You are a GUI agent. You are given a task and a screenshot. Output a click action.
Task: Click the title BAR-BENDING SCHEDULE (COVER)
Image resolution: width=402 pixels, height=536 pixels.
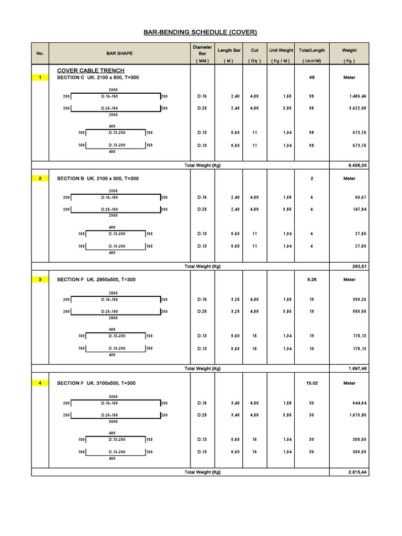point(200,32)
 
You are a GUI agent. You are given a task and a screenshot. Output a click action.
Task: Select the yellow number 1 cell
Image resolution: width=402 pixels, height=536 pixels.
point(40,77)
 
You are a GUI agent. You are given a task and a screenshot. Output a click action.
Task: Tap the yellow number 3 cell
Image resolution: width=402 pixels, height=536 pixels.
point(40,280)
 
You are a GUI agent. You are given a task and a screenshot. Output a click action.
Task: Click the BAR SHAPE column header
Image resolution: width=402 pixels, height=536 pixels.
point(119,53)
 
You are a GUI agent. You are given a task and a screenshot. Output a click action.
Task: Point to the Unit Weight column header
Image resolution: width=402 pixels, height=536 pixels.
point(281,50)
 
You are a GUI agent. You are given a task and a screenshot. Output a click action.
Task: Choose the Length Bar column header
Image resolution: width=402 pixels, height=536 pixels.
point(229,50)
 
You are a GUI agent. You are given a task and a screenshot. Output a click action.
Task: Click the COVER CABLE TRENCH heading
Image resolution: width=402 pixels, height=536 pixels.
point(91,70)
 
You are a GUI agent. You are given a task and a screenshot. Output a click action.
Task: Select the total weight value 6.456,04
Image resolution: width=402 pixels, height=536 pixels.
point(358,165)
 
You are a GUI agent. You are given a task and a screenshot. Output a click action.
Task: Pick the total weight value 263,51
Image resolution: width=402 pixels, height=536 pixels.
point(359,266)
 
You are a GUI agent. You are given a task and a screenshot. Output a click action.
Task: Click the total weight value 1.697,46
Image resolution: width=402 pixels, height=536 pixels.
point(358,368)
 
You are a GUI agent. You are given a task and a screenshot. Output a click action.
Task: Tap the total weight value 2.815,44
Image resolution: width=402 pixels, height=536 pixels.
point(358,472)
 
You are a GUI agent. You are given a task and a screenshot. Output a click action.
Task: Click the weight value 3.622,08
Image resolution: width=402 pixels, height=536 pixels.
point(358,108)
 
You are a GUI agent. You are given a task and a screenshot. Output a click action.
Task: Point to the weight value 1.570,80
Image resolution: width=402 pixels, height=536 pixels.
point(358,415)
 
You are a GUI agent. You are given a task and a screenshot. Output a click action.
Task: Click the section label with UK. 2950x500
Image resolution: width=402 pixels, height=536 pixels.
point(96,280)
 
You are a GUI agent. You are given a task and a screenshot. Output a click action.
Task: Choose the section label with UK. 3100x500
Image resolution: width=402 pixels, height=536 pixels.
point(96,383)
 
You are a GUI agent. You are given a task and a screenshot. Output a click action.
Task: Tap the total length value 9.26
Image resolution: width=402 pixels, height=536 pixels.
point(311,280)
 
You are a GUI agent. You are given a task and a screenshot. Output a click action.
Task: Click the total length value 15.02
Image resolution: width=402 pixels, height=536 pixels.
point(311,383)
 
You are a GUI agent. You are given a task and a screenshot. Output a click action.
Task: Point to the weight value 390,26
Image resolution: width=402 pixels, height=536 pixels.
point(360,299)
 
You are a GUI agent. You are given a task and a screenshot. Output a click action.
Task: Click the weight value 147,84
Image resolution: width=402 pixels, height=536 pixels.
point(360,209)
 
